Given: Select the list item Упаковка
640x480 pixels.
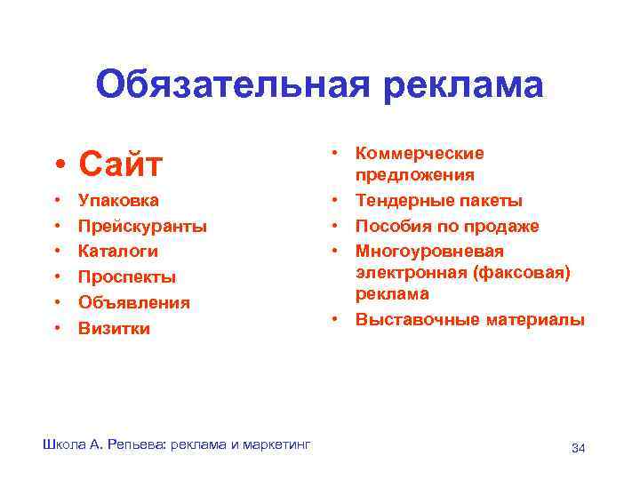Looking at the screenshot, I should pyautogui.click(x=119, y=201).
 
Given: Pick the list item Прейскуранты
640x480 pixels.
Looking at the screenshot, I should pyautogui.click(x=142, y=227).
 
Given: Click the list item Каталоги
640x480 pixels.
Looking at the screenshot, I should pyautogui.click(x=118, y=252).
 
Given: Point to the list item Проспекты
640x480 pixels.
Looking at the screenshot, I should pyautogui.click(x=127, y=277).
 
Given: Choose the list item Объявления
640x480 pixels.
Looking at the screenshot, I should pyautogui.click(x=134, y=303).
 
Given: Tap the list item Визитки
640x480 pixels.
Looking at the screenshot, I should pyautogui.click(x=114, y=329).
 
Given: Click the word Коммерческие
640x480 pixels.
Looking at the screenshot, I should pyautogui.click(x=420, y=154).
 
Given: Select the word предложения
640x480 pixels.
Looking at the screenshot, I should pyautogui.click(x=415, y=175).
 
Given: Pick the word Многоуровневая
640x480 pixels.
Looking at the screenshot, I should pyautogui.click(x=429, y=252).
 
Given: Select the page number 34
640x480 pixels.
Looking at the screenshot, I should pyautogui.click(x=578, y=447).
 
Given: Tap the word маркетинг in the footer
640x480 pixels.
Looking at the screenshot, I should pyautogui.click(x=276, y=444).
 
